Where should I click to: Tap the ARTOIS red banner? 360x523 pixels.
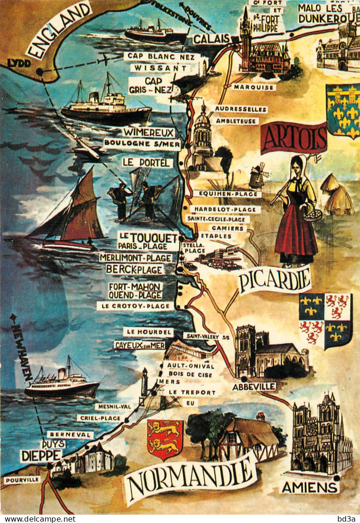pos(293,137)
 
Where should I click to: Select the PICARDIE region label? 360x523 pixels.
pos(275,280)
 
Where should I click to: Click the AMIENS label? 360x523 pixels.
pos(310,487)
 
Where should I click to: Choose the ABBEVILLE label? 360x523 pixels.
pos(254,386)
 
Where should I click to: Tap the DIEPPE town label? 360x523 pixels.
pos(41,455)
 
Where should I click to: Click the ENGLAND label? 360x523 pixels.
pos(58,30)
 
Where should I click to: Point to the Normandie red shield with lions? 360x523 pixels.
pos(165,439)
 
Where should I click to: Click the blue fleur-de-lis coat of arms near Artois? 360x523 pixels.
pos(343,111)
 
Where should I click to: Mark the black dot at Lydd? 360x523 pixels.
pos(39,72)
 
